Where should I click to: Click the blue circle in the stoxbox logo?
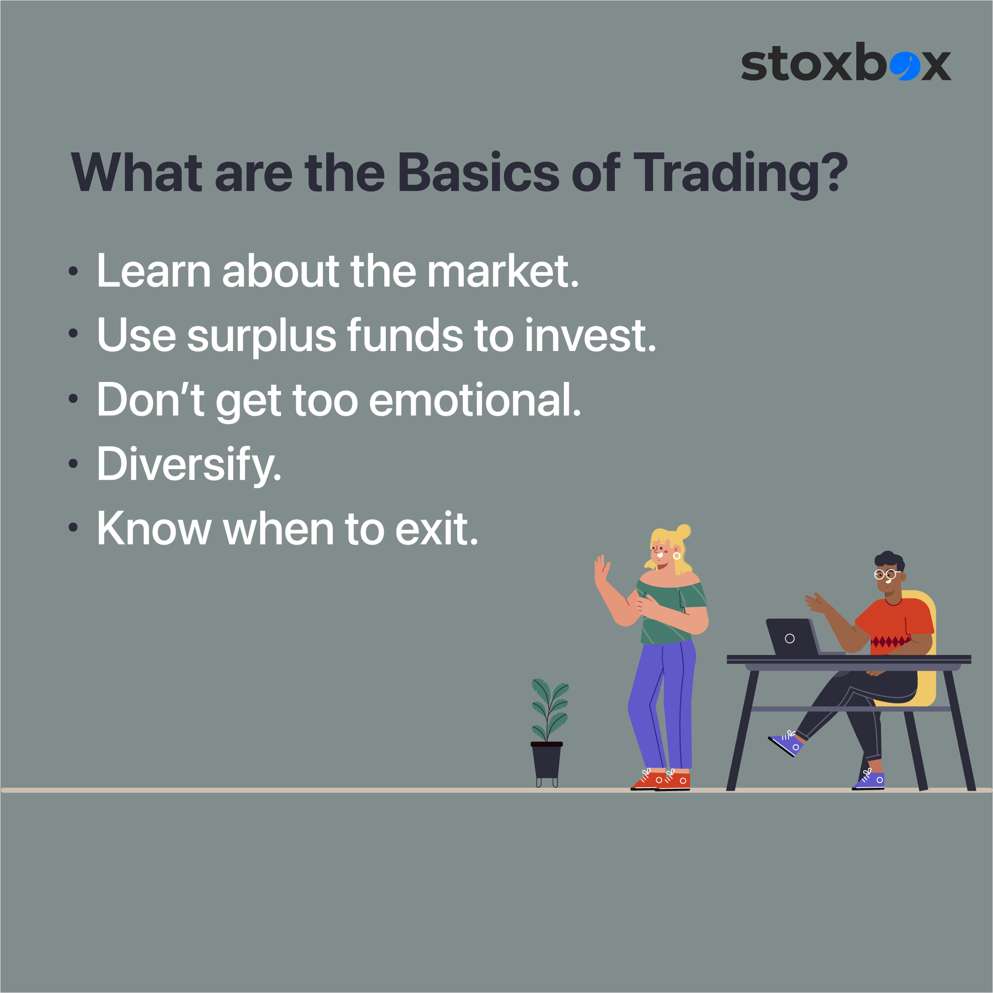tap(904, 65)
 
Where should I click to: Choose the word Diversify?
tap(189, 466)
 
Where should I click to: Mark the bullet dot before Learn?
tap(73, 271)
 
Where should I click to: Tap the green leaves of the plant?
tap(550, 709)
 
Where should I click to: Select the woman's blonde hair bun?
tap(683, 532)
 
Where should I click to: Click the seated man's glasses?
tap(886, 574)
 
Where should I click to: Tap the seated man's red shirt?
tap(897, 624)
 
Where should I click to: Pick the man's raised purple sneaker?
tap(786, 742)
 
